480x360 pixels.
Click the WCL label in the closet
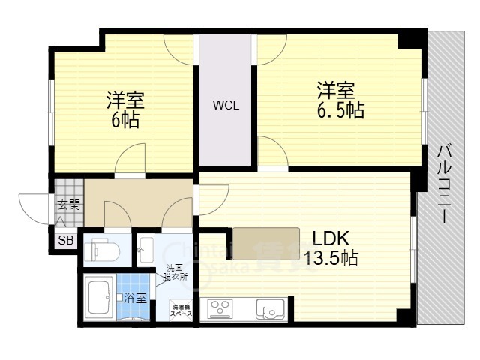coord(225,106)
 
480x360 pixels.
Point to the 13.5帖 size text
coord(330,259)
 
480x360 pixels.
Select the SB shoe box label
coord(65,240)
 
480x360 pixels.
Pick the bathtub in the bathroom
coord(98,297)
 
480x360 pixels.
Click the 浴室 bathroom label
coord(136,296)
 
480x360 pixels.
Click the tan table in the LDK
coord(264,241)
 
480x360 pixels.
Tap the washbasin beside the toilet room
coord(144,247)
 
